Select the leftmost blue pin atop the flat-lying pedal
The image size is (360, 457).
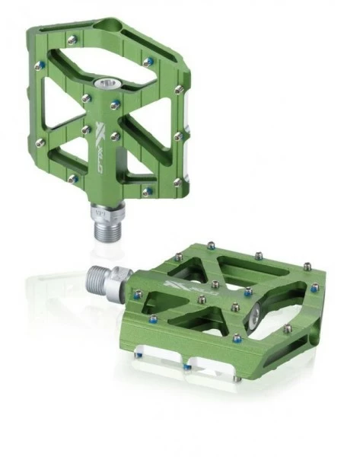(x=137, y=292)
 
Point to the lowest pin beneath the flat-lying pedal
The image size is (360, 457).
(x=186, y=367)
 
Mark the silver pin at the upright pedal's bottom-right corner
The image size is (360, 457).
(x=177, y=182)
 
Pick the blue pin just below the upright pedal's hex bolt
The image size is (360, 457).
(x=115, y=105)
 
